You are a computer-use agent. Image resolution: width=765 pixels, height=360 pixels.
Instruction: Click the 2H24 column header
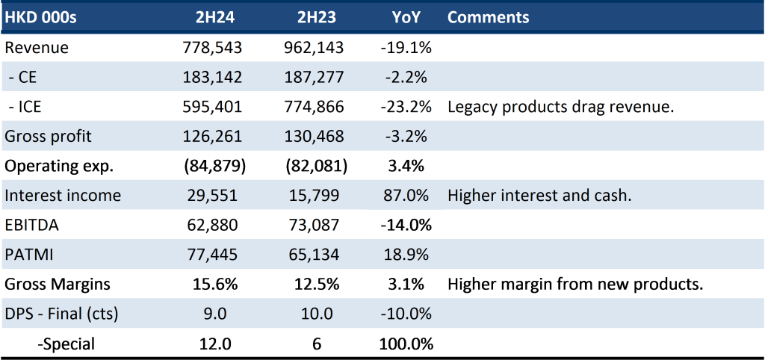pyautogui.click(x=214, y=17)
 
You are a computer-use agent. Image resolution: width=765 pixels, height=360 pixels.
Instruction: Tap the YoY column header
pyautogui.click(x=406, y=17)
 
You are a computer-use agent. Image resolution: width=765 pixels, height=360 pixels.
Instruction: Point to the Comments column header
pyautogui.click(x=488, y=17)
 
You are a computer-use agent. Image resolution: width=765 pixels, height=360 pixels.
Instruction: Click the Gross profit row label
pyautogui.click(x=48, y=136)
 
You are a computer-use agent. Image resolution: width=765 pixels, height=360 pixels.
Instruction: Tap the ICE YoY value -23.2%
pyautogui.click(x=406, y=106)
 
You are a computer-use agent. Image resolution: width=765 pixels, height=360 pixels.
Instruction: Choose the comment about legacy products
pyautogui.click(x=560, y=107)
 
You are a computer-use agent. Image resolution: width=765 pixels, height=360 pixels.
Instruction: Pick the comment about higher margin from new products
pyautogui.click(x=575, y=285)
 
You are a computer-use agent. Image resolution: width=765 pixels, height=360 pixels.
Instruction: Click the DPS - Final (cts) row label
pyautogui.click(x=61, y=314)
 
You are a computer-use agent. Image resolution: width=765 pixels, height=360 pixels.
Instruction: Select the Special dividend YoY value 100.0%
pyautogui.click(x=406, y=344)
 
